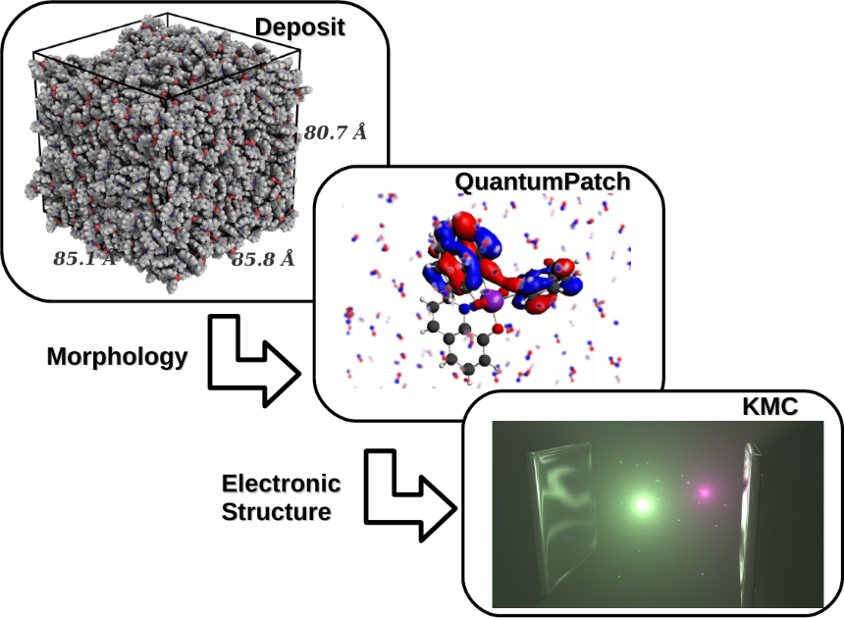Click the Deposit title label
point(299,26)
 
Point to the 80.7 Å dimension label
point(334,132)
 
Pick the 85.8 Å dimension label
point(262,259)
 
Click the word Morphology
point(117,356)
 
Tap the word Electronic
point(281,484)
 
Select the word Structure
point(276,511)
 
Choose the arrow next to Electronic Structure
point(409,495)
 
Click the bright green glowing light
point(643,505)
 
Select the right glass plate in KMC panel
point(751,520)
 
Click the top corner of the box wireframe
point(168,15)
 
